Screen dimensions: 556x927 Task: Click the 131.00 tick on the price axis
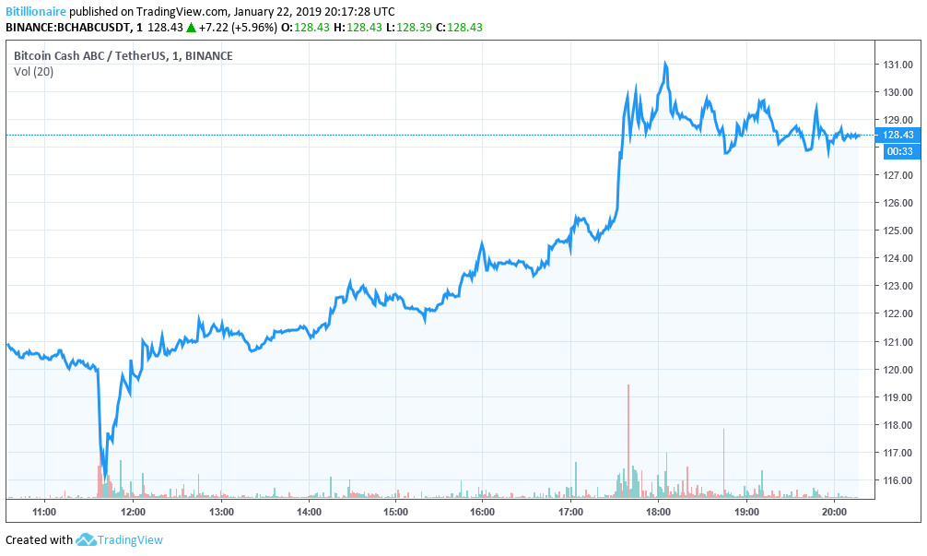(x=898, y=65)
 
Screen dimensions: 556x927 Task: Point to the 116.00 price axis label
(x=898, y=480)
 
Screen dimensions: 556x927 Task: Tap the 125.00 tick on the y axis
(x=898, y=231)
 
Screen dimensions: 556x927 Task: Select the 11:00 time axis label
(x=44, y=511)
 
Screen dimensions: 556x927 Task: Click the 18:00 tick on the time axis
(x=658, y=511)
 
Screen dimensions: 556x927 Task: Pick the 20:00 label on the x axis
(x=834, y=511)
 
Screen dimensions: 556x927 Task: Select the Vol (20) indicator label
(x=33, y=72)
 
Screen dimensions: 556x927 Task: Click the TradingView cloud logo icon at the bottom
(x=87, y=539)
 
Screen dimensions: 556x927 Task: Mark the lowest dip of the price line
(x=105, y=475)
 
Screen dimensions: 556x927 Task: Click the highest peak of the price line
(x=664, y=64)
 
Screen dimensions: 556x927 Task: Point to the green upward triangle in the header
(x=191, y=27)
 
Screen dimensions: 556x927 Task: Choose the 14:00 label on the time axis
(x=309, y=511)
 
